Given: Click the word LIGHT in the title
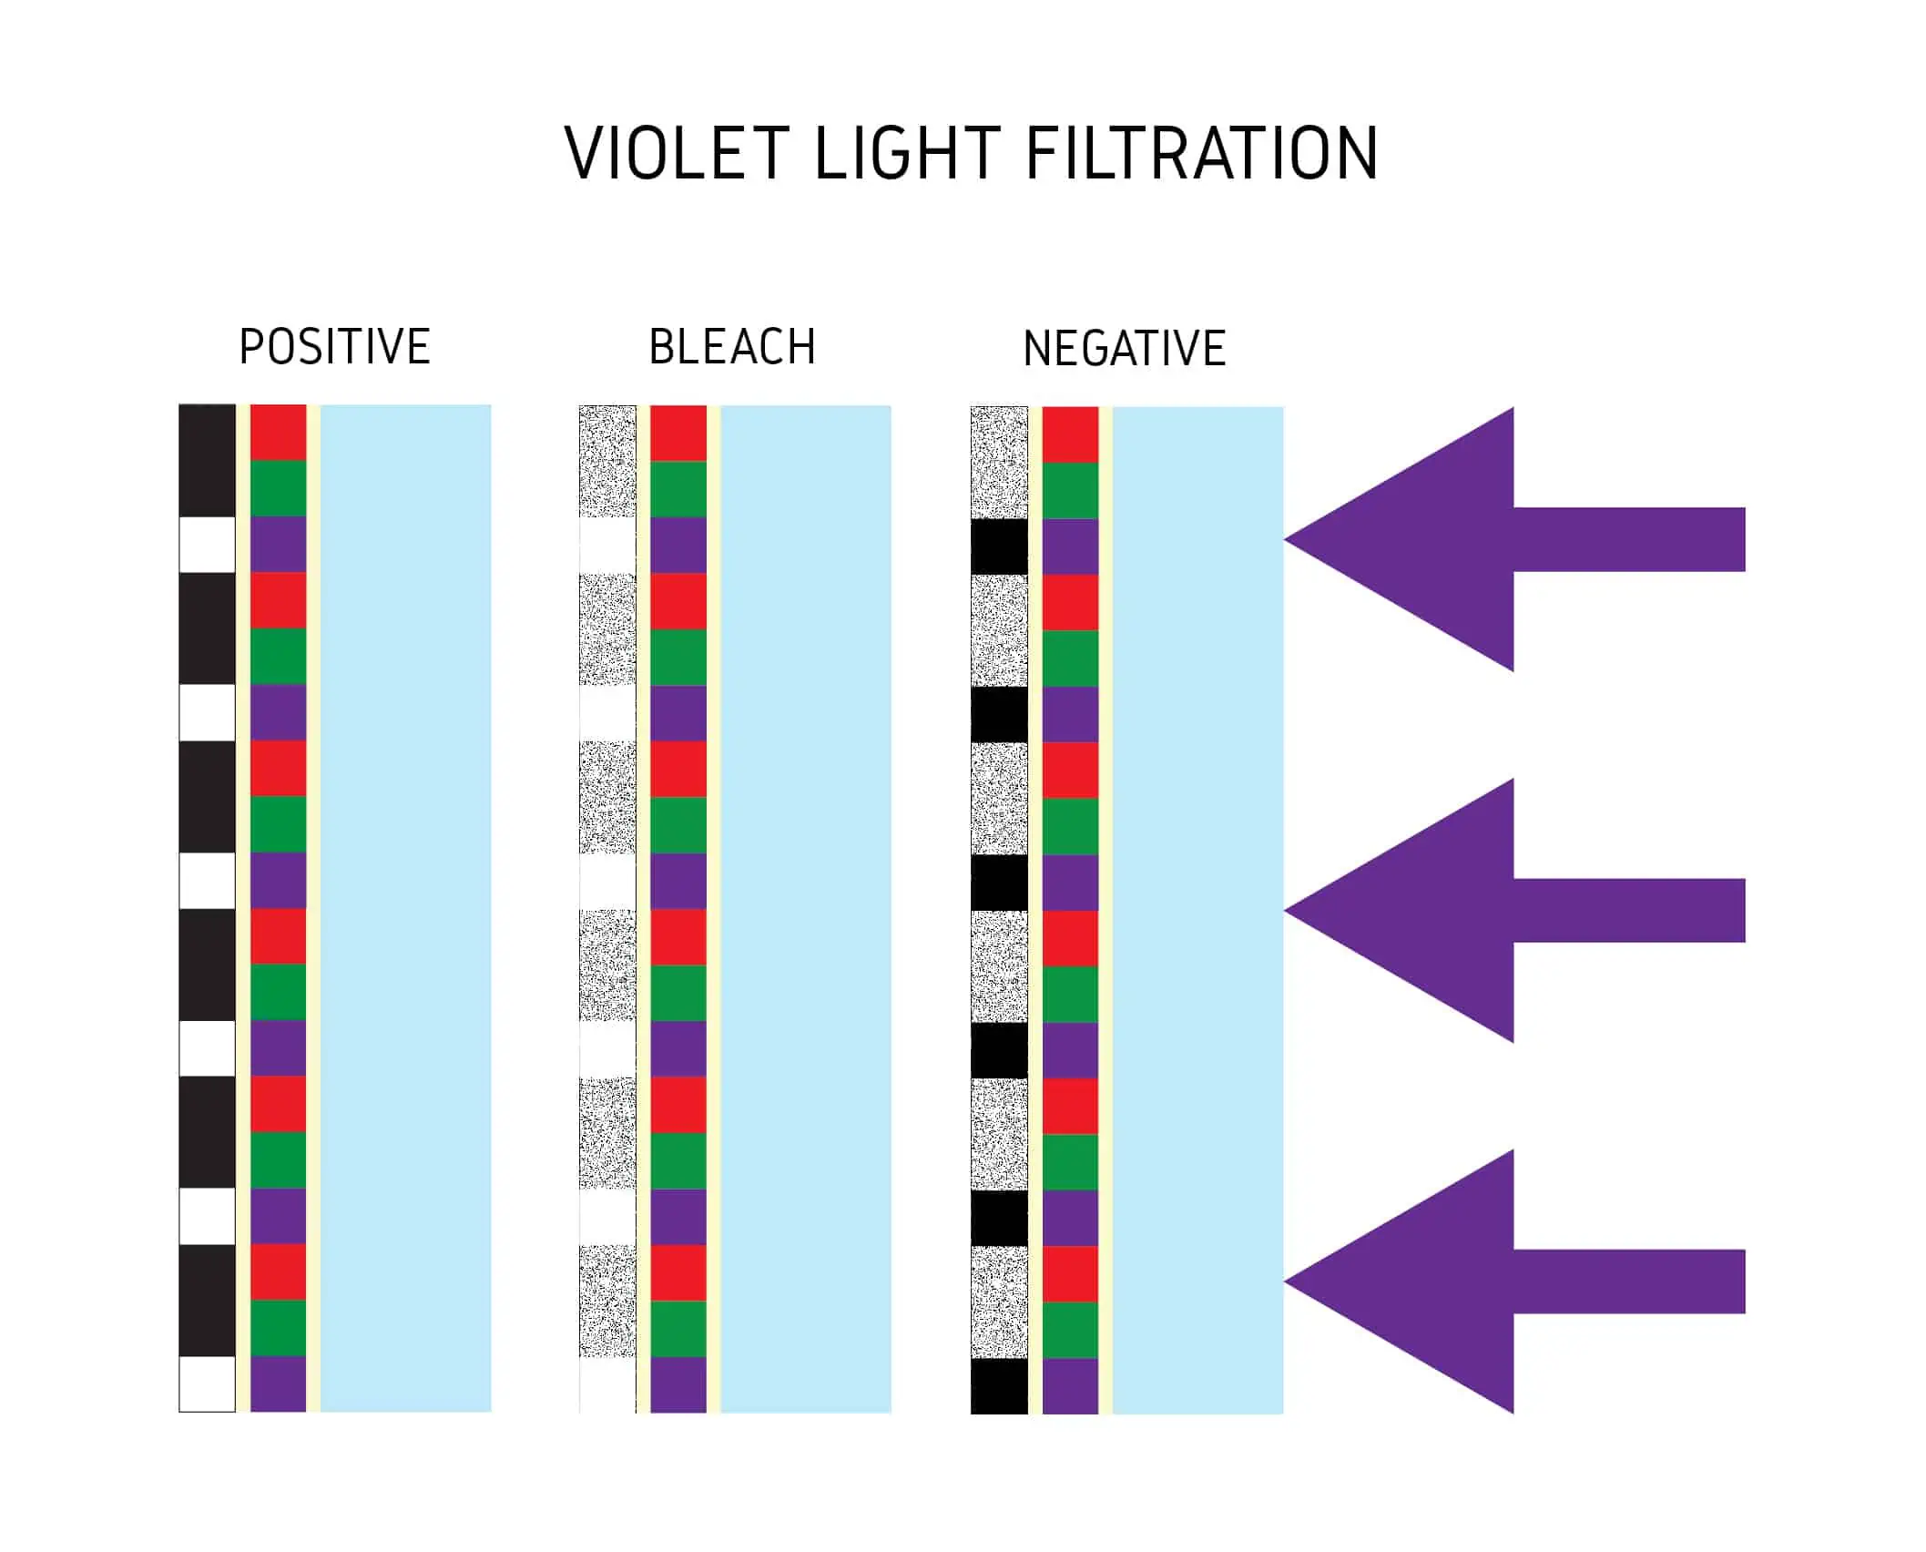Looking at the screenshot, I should click(907, 153).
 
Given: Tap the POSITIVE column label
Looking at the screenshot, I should click(334, 347).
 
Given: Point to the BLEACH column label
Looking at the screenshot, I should click(732, 347).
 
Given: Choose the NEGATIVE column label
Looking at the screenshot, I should click(1125, 349).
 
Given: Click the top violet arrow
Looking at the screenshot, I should click(1493, 539).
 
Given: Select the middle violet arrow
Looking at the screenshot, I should click(1493, 910).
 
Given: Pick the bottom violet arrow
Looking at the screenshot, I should click(1493, 1281).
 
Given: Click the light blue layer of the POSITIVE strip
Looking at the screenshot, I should click(405, 908).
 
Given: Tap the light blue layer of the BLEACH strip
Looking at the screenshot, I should click(805, 908).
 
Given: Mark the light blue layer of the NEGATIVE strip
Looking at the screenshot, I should click(1197, 908).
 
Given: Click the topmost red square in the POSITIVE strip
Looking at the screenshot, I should click(278, 433).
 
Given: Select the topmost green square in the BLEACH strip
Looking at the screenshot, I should click(678, 489).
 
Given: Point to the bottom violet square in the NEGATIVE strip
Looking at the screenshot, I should click(1070, 1385).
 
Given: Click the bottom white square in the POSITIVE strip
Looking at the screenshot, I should click(208, 1384).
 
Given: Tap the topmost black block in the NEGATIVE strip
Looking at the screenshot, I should click(999, 546).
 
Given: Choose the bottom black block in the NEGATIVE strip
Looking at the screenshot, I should click(999, 1385).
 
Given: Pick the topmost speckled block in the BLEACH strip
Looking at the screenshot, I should click(607, 461).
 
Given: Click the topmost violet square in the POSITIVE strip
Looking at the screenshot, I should click(278, 545).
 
